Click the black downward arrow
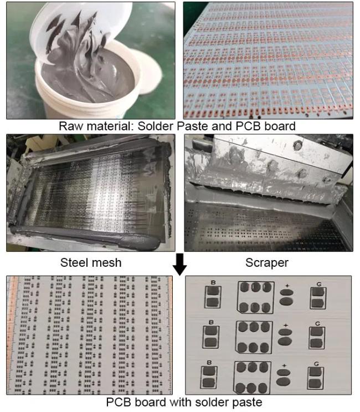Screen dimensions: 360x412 point(180,265)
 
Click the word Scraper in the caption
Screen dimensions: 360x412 point(267,263)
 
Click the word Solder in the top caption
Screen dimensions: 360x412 point(156,126)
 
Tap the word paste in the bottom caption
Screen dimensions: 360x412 point(245,403)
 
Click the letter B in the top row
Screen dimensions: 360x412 point(213,283)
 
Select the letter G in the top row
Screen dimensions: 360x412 point(319,284)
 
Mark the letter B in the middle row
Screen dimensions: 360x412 point(211,322)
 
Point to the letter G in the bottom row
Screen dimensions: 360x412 point(316,364)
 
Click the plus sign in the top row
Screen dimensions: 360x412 point(287,286)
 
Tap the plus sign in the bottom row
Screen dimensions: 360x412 point(284,365)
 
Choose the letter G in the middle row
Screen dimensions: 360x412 point(317,323)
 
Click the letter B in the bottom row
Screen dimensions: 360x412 point(209,362)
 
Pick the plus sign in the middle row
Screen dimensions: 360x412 point(286,325)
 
